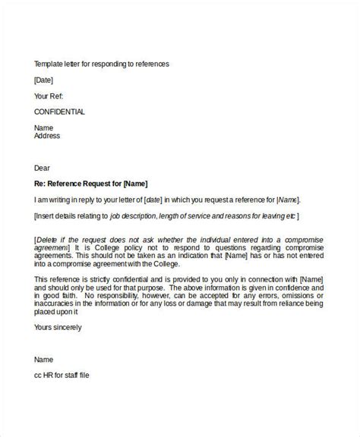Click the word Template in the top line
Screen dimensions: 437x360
[50, 64]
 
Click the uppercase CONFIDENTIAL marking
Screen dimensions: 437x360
[60, 112]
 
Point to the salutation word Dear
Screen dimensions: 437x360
[43, 168]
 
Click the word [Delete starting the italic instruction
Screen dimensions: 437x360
[48, 240]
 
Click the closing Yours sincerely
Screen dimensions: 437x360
[58, 327]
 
